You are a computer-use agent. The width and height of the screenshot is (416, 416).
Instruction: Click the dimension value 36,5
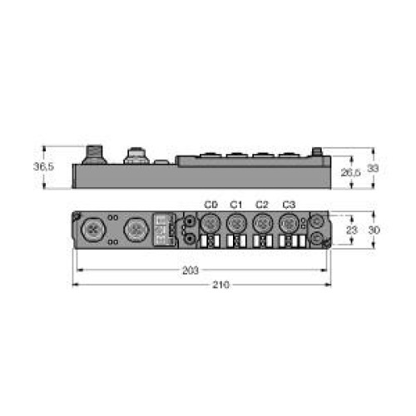[x=43, y=167]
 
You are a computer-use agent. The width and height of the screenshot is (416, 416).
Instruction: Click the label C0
[x=210, y=205]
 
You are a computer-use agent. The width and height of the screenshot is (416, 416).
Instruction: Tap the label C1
[x=236, y=205]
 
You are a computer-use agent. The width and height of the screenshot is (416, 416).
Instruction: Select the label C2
[x=262, y=205]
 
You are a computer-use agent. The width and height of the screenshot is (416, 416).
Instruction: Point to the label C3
[x=288, y=205]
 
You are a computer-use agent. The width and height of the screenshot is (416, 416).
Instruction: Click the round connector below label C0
[x=210, y=223]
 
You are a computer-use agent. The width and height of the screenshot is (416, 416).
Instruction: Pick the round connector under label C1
[x=236, y=223]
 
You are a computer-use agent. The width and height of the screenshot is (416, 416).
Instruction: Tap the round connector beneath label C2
[x=262, y=223]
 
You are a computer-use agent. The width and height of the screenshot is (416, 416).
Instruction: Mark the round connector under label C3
[x=288, y=223]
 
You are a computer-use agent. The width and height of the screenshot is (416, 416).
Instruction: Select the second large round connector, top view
[x=134, y=229]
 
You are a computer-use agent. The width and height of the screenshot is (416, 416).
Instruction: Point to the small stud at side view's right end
[x=316, y=152]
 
